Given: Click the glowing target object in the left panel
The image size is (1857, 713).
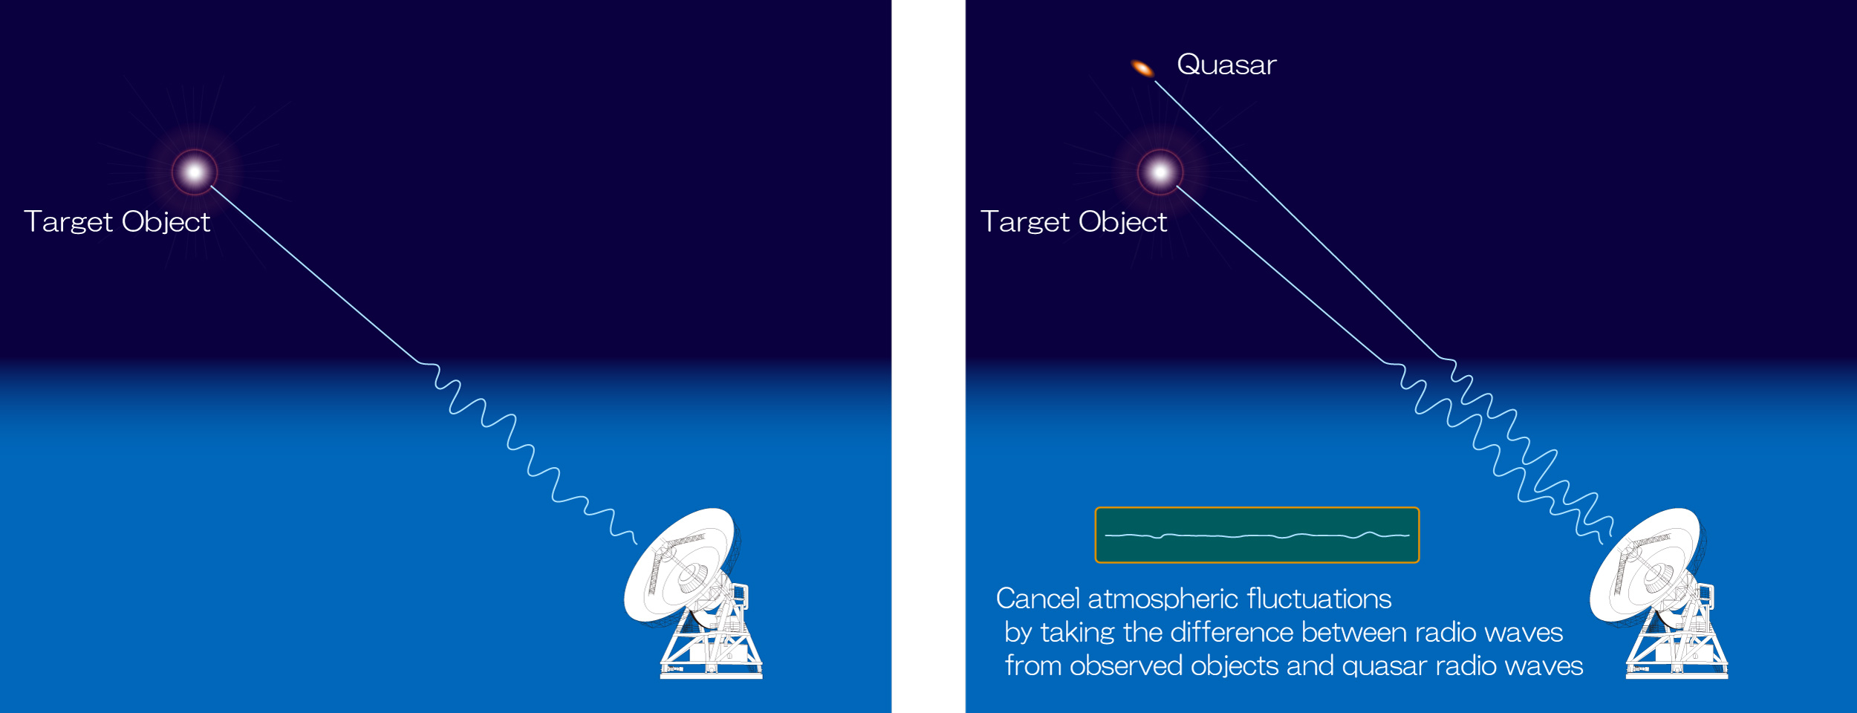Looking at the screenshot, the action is (x=195, y=172).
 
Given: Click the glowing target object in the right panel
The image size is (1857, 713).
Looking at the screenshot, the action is (x=1160, y=172).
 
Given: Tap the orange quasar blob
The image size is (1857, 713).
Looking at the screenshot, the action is (x=1142, y=69).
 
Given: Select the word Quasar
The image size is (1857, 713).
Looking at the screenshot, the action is (x=1227, y=65).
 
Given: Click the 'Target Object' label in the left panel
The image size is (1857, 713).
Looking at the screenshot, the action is (x=117, y=222).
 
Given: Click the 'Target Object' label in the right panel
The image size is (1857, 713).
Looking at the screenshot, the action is (x=1074, y=222).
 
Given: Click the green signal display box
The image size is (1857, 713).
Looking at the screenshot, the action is (x=1257, y=535).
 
